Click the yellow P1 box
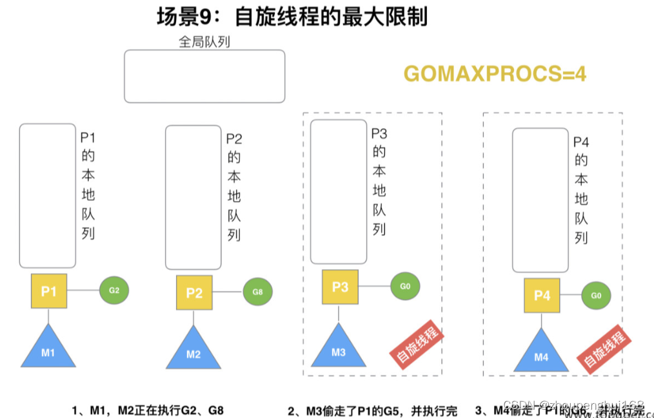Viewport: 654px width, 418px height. click(49, 290)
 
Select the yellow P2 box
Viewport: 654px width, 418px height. click(194, 292)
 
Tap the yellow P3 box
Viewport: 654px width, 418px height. click(340, 287)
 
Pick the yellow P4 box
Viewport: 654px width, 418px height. click(542, 296)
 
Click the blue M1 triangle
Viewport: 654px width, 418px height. click(49, 348)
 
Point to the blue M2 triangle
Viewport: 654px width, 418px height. click(193, 350)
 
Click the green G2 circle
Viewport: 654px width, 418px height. click(114, 290)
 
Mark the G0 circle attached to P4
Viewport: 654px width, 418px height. click(596, 296)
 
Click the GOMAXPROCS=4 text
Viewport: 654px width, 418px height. click(495, 74)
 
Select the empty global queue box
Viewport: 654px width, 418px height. click(204, 76)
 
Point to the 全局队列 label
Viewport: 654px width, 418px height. click(204, 42)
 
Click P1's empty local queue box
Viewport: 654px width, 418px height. click(48, 195)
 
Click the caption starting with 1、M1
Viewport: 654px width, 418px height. click(148, 410)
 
